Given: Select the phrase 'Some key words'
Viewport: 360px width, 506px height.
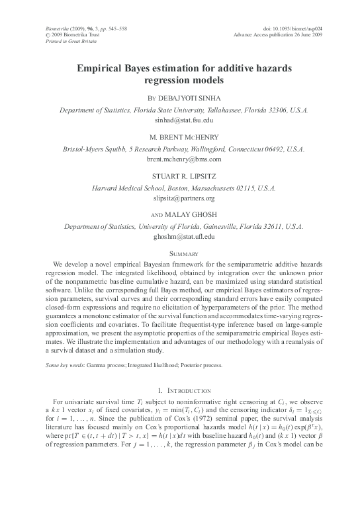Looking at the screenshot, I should point(56,364).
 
